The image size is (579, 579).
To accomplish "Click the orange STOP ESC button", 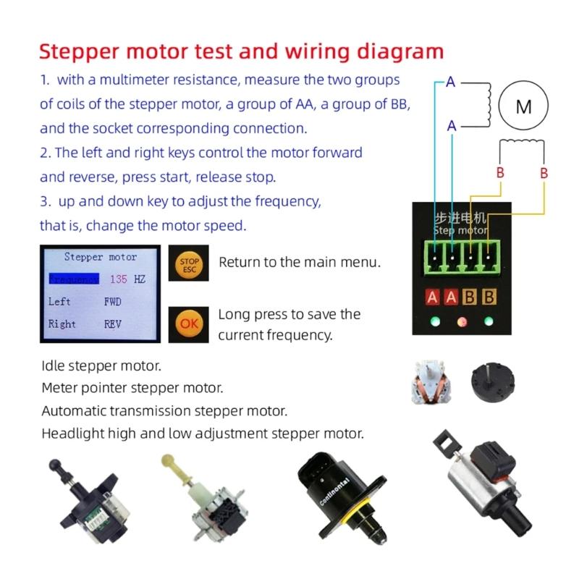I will (189, 266).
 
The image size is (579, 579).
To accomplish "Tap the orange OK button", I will (189, 324).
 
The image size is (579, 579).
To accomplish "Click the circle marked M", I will (523, 107).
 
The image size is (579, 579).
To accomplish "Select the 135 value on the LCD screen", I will (119, 279).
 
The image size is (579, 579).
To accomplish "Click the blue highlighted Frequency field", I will (73, 279).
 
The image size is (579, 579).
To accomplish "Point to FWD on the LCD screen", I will (113, 302).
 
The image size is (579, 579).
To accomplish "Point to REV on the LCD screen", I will (113, 324).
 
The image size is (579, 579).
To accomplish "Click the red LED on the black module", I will (460, 321).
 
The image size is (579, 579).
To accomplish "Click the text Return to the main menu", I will (300, 261).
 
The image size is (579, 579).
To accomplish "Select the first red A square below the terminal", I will (433, 297).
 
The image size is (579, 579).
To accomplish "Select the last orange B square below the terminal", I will (489, 297).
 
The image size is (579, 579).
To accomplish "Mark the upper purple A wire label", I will (450, 83).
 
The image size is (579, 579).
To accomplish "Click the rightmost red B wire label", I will (544, 174).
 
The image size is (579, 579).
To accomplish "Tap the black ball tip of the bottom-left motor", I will (55, 465).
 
